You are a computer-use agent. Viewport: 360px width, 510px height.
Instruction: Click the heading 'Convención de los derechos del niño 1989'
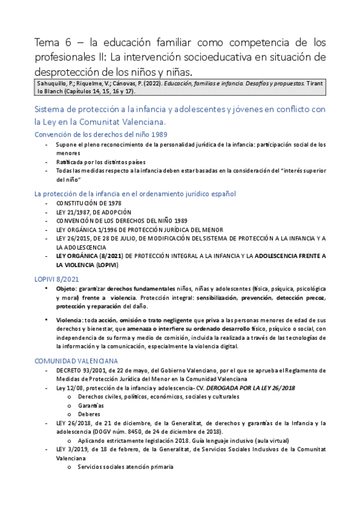(100, 134)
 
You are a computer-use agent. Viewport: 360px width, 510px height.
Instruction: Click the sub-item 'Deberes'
(89, 414)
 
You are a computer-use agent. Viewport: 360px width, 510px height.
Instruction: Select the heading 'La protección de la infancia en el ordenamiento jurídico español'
(135, 194)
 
